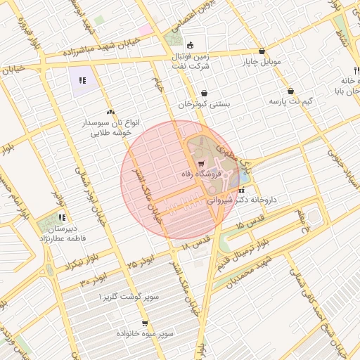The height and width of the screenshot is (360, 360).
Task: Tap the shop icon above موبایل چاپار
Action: pyautogui.click(x=262, y=51)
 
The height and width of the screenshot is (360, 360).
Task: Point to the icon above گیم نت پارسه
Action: pyautogui.click(x=290, y=91)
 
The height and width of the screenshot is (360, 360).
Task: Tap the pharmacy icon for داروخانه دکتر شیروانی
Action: pyautogui.click(x=243, y=190)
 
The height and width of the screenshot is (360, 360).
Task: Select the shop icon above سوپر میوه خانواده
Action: pyautogui.click(x=144, y=323)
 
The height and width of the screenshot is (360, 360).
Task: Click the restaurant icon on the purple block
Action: pyautogui.click(x=82, y=80)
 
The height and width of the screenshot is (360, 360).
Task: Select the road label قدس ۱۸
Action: pyautogui.click(x=195, y=243)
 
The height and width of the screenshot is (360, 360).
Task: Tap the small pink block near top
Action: pyautogui.click(x=145, y=30)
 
